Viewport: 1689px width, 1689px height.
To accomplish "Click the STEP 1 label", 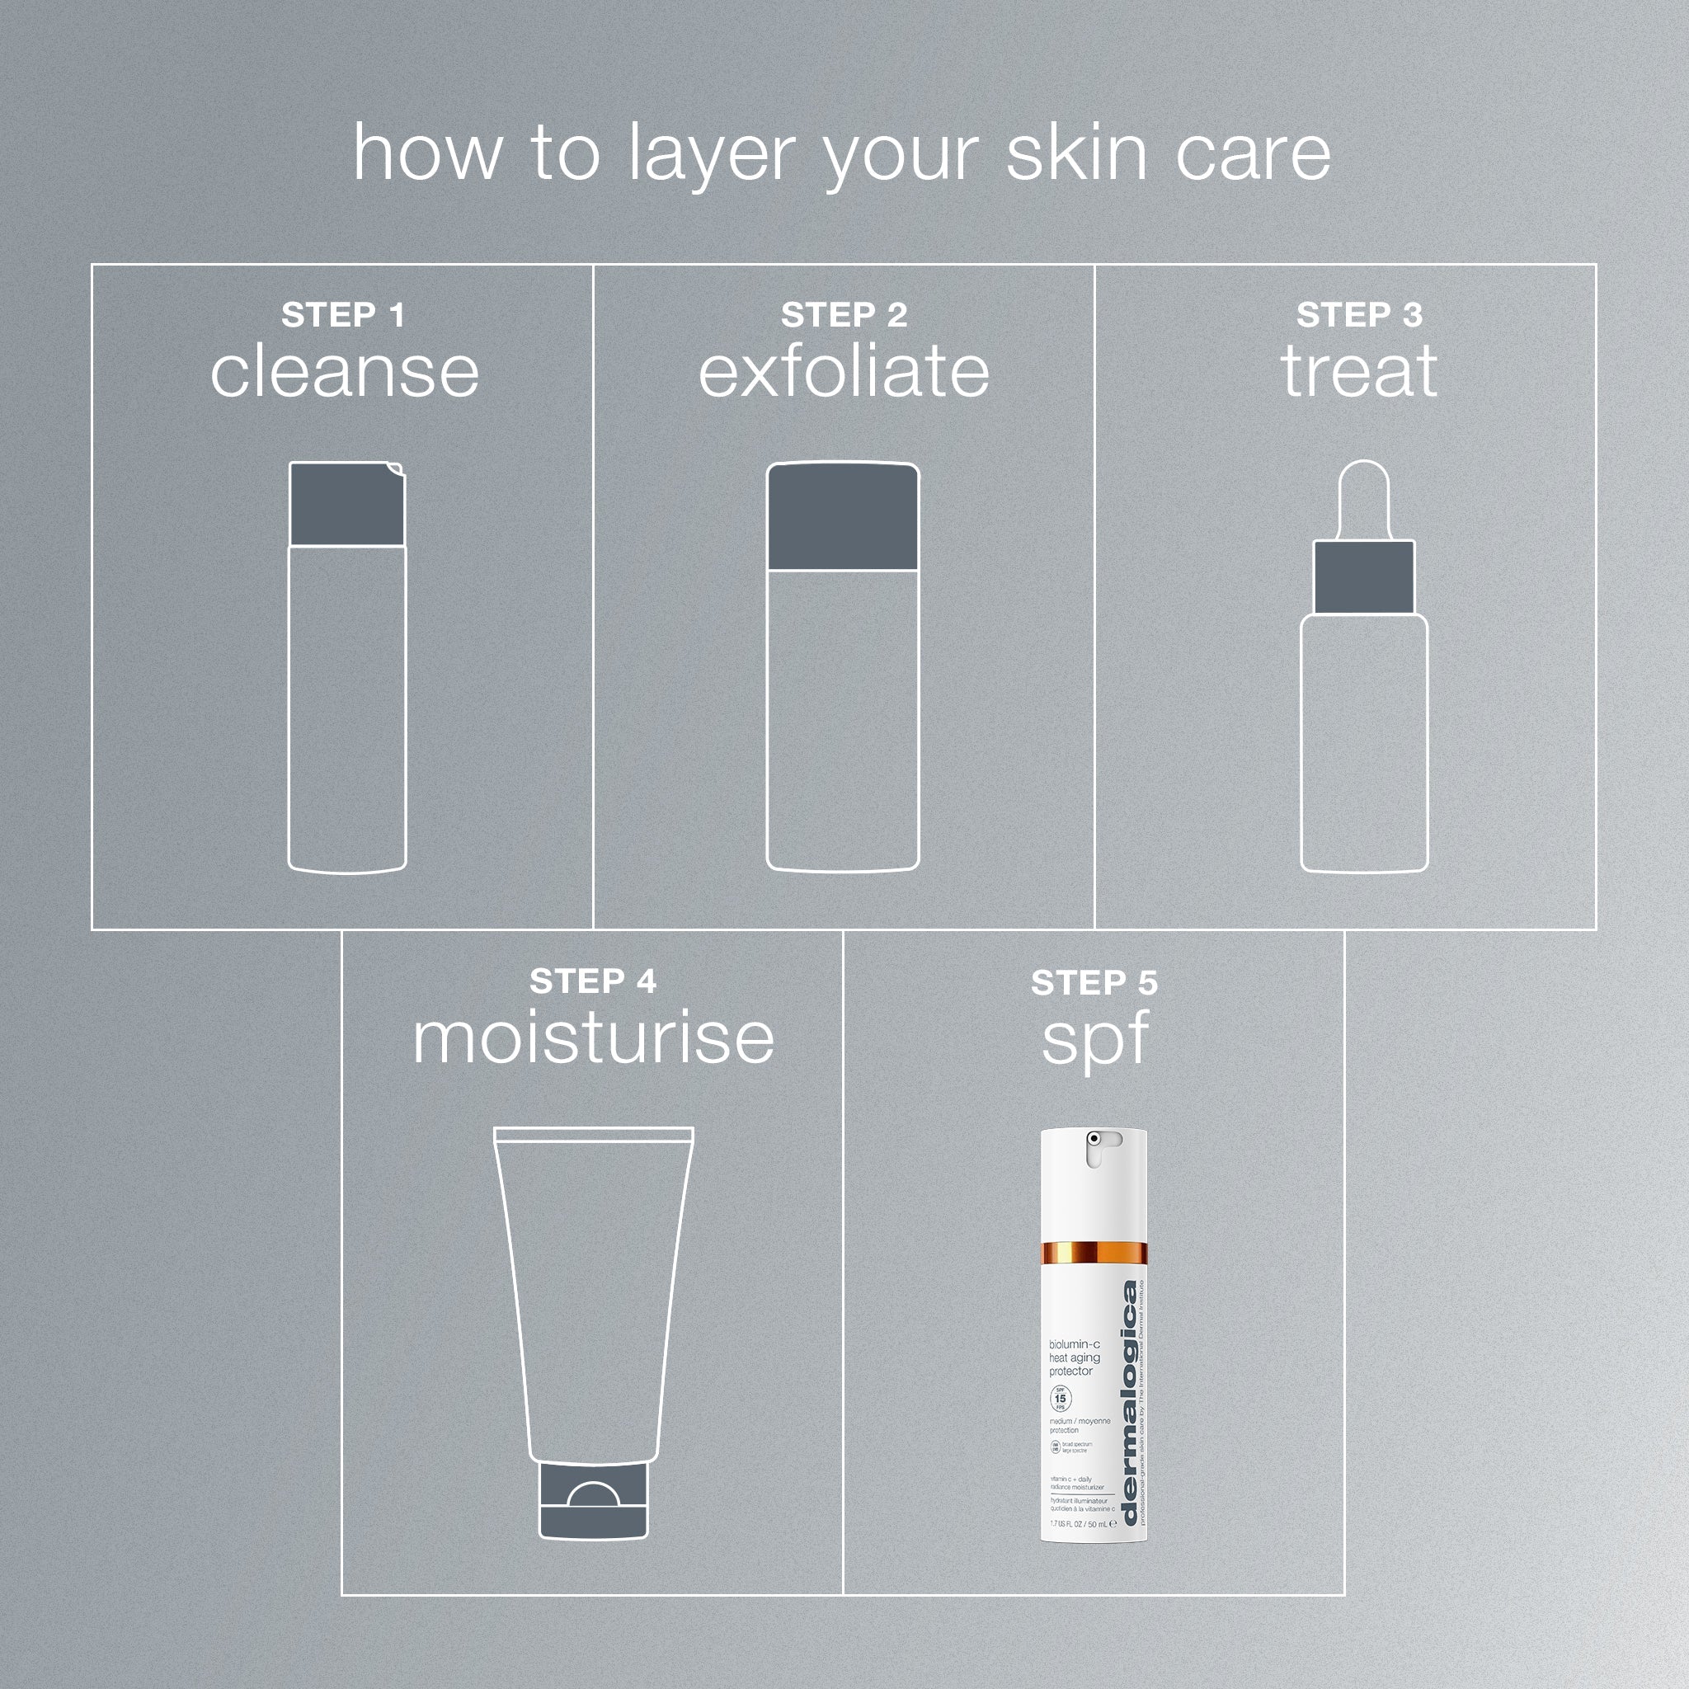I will [343, 315].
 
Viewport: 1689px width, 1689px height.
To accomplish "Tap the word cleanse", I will [345, 372].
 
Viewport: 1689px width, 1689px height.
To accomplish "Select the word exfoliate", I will [844, 372].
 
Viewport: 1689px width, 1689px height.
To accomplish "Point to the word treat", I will [1358, 372].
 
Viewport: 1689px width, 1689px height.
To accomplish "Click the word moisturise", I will [593, 1037].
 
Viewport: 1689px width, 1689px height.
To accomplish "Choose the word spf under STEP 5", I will [1094, 1040].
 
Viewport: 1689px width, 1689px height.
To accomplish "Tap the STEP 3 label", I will [1358, 315].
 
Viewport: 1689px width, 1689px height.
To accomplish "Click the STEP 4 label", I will [593, 981].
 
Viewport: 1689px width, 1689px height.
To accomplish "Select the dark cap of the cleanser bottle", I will [346, 505].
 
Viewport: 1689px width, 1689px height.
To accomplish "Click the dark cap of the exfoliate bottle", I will [843, 518].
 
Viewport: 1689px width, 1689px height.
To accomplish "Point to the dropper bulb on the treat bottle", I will [1364, 498].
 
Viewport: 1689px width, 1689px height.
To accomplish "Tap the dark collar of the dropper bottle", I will [1364, 577].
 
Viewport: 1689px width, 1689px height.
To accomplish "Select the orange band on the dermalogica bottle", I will [1093, 1253].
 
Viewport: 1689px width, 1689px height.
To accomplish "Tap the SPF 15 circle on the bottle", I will [1060, 1399].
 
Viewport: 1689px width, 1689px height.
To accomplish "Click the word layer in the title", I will [711, 156].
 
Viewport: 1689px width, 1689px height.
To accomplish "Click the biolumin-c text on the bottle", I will [1075, 1343].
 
